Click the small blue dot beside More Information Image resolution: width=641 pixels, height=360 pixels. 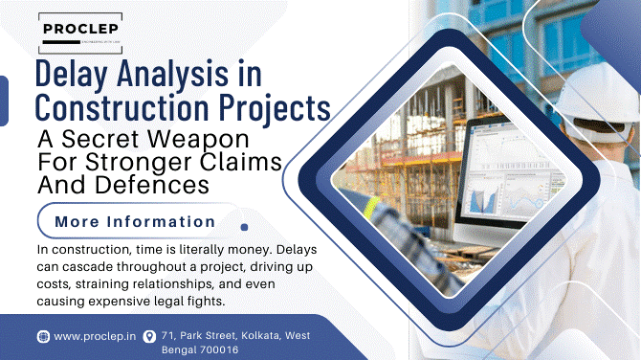(x=244, y=228)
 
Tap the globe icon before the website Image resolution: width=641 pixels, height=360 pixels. (x=43, y=336)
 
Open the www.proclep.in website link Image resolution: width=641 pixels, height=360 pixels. (x=94, y=336)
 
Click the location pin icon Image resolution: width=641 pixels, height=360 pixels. (x=148, y=336)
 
